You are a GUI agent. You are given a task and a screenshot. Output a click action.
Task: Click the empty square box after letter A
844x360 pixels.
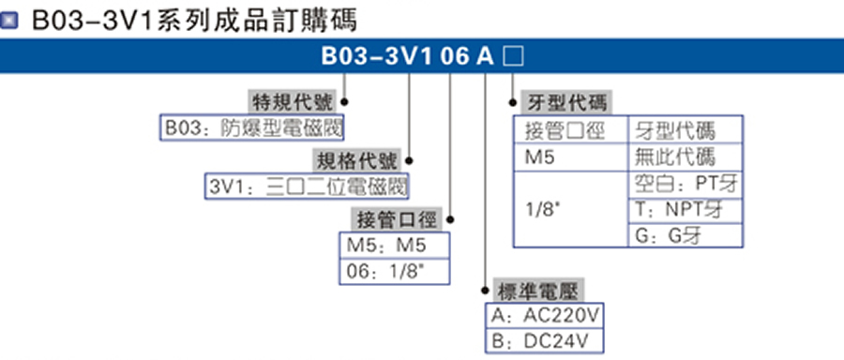click(x=513, y=56)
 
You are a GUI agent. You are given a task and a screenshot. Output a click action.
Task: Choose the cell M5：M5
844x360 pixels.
click(x=394, y=246)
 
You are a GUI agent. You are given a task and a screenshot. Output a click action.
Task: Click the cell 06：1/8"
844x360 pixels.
click(x=394, y=272)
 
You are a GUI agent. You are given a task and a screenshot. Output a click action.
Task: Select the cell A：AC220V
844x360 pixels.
click(x=543, y=315)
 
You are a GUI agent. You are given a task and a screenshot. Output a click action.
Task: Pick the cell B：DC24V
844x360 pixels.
click(x=543, y=340)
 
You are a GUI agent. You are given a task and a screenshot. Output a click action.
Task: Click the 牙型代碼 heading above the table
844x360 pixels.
click(x=563, y=102)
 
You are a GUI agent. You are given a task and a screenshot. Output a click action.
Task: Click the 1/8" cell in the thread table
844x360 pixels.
click(x=570, y=209)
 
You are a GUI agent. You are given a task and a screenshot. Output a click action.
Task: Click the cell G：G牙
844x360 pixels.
click(x=685, y=235)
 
